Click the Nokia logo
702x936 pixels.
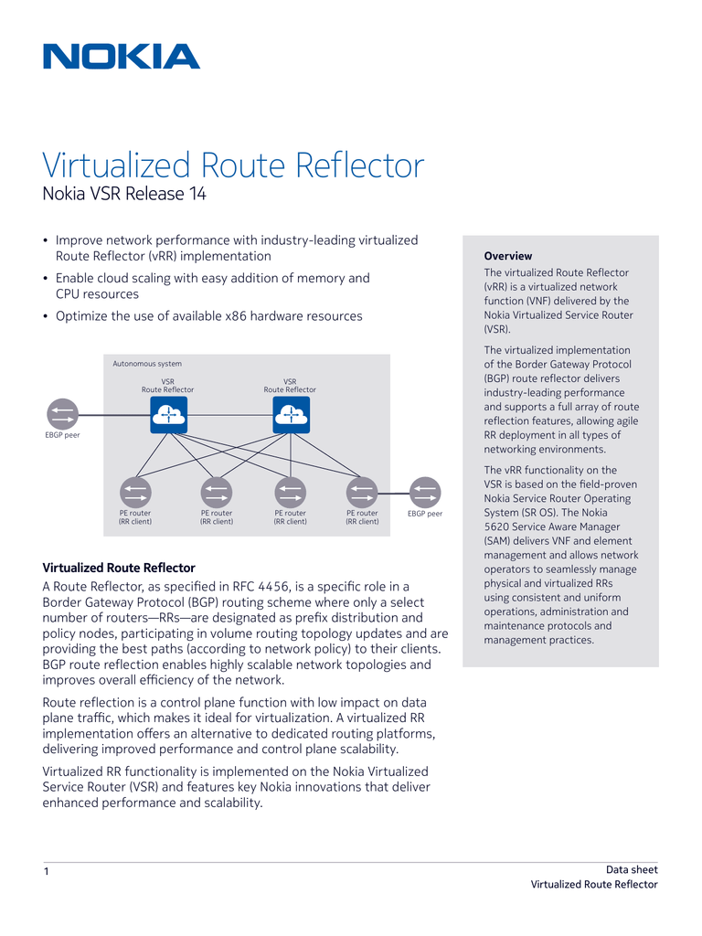click(122, 57)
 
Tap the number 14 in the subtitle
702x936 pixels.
click(198, 194)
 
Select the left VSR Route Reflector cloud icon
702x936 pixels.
click(168, 415)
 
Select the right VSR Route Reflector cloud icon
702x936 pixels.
click(292, 415)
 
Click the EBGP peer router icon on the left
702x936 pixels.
click(63, 414)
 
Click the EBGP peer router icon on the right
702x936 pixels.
click(425, 493)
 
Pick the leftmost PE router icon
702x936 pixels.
click(135, 493)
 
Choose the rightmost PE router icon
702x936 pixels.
click(362, 493)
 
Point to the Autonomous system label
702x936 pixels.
click(147, 364)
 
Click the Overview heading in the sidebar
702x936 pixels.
click(508, 256)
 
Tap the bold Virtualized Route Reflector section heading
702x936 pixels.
click(119, 568)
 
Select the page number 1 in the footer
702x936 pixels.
click(47, 871)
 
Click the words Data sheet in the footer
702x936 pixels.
click(632, 870)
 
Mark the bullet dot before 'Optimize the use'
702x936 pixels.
click(46, 316)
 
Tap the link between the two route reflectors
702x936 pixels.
click(229, 415)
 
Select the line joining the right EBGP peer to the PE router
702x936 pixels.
click(393, 493)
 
